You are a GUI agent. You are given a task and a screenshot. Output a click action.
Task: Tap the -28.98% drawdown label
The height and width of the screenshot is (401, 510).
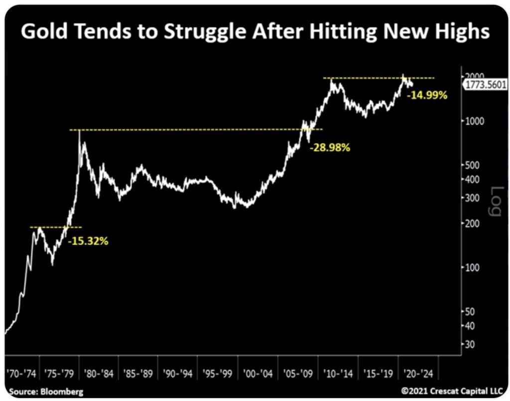(x=330, y=148)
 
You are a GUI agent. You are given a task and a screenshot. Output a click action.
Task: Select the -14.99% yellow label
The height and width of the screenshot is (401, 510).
(x=427, y=96)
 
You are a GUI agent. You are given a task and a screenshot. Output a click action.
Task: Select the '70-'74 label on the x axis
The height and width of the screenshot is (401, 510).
(x=21, y=373)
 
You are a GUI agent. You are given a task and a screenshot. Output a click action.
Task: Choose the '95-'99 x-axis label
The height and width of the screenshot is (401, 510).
(x=218, y=373)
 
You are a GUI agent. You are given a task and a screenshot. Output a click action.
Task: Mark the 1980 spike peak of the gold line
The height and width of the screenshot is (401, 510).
(x=80, y=132)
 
